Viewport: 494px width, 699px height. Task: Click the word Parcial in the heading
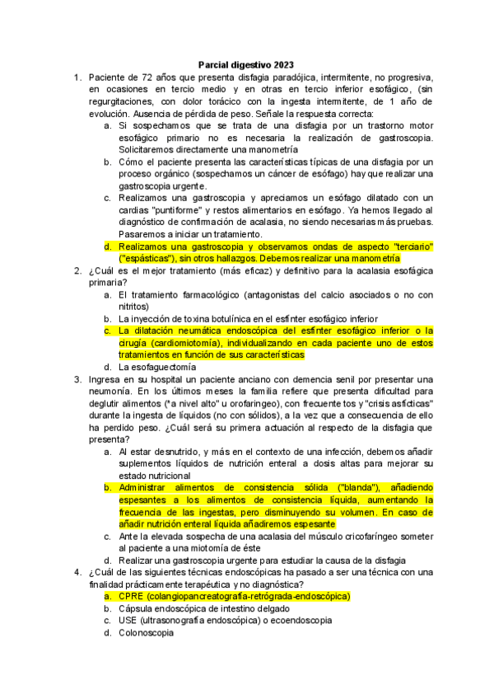[x=216, y=64]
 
